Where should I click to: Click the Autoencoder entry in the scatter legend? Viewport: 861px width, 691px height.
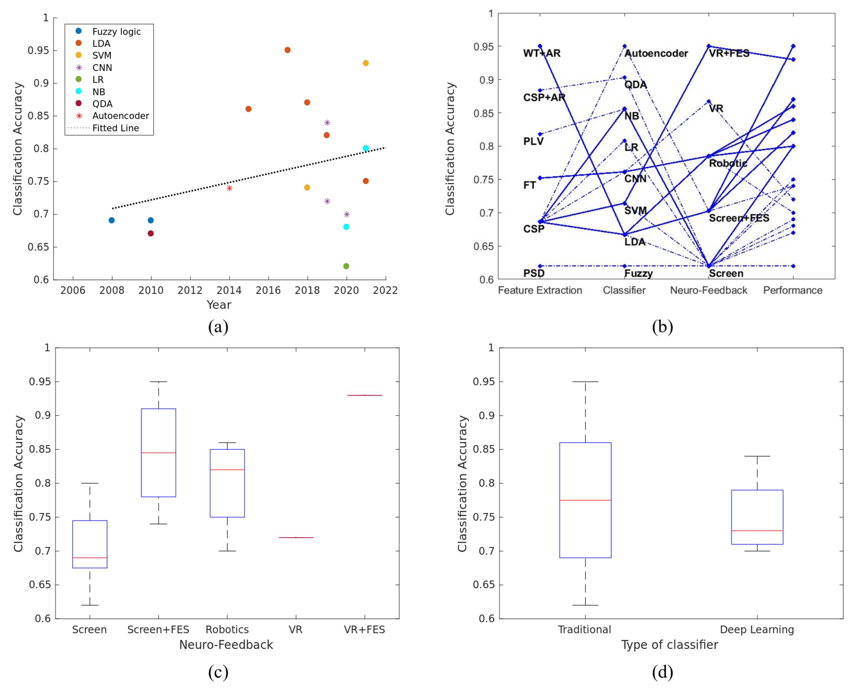click(x=120, y=116)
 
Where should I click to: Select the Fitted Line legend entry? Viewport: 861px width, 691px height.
click(x=115, y=128)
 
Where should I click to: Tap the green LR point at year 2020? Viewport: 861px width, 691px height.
click(x=346, y=266)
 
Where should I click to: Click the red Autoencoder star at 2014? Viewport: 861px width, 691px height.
click(x=229, y=188)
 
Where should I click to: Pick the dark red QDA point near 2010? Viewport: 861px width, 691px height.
click(x=151, y=234)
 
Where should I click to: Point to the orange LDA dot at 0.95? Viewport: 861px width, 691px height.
click(x=288, y=50)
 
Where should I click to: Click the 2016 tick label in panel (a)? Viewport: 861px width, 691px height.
click(x=268, y=291)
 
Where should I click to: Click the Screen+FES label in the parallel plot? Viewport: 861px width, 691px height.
click(x=739, y=218)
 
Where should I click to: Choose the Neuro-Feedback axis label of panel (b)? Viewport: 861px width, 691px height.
click(x=709, y=291)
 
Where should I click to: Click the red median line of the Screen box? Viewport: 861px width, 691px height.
click(x=90, y=558)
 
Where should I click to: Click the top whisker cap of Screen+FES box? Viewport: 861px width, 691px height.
click(x=158, y=382)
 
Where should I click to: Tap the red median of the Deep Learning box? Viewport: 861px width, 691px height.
click(x=757, y=531)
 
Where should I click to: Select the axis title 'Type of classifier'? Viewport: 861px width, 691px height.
click(x=670, y=645)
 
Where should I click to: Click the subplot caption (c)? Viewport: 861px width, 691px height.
click(x=218, y=672)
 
